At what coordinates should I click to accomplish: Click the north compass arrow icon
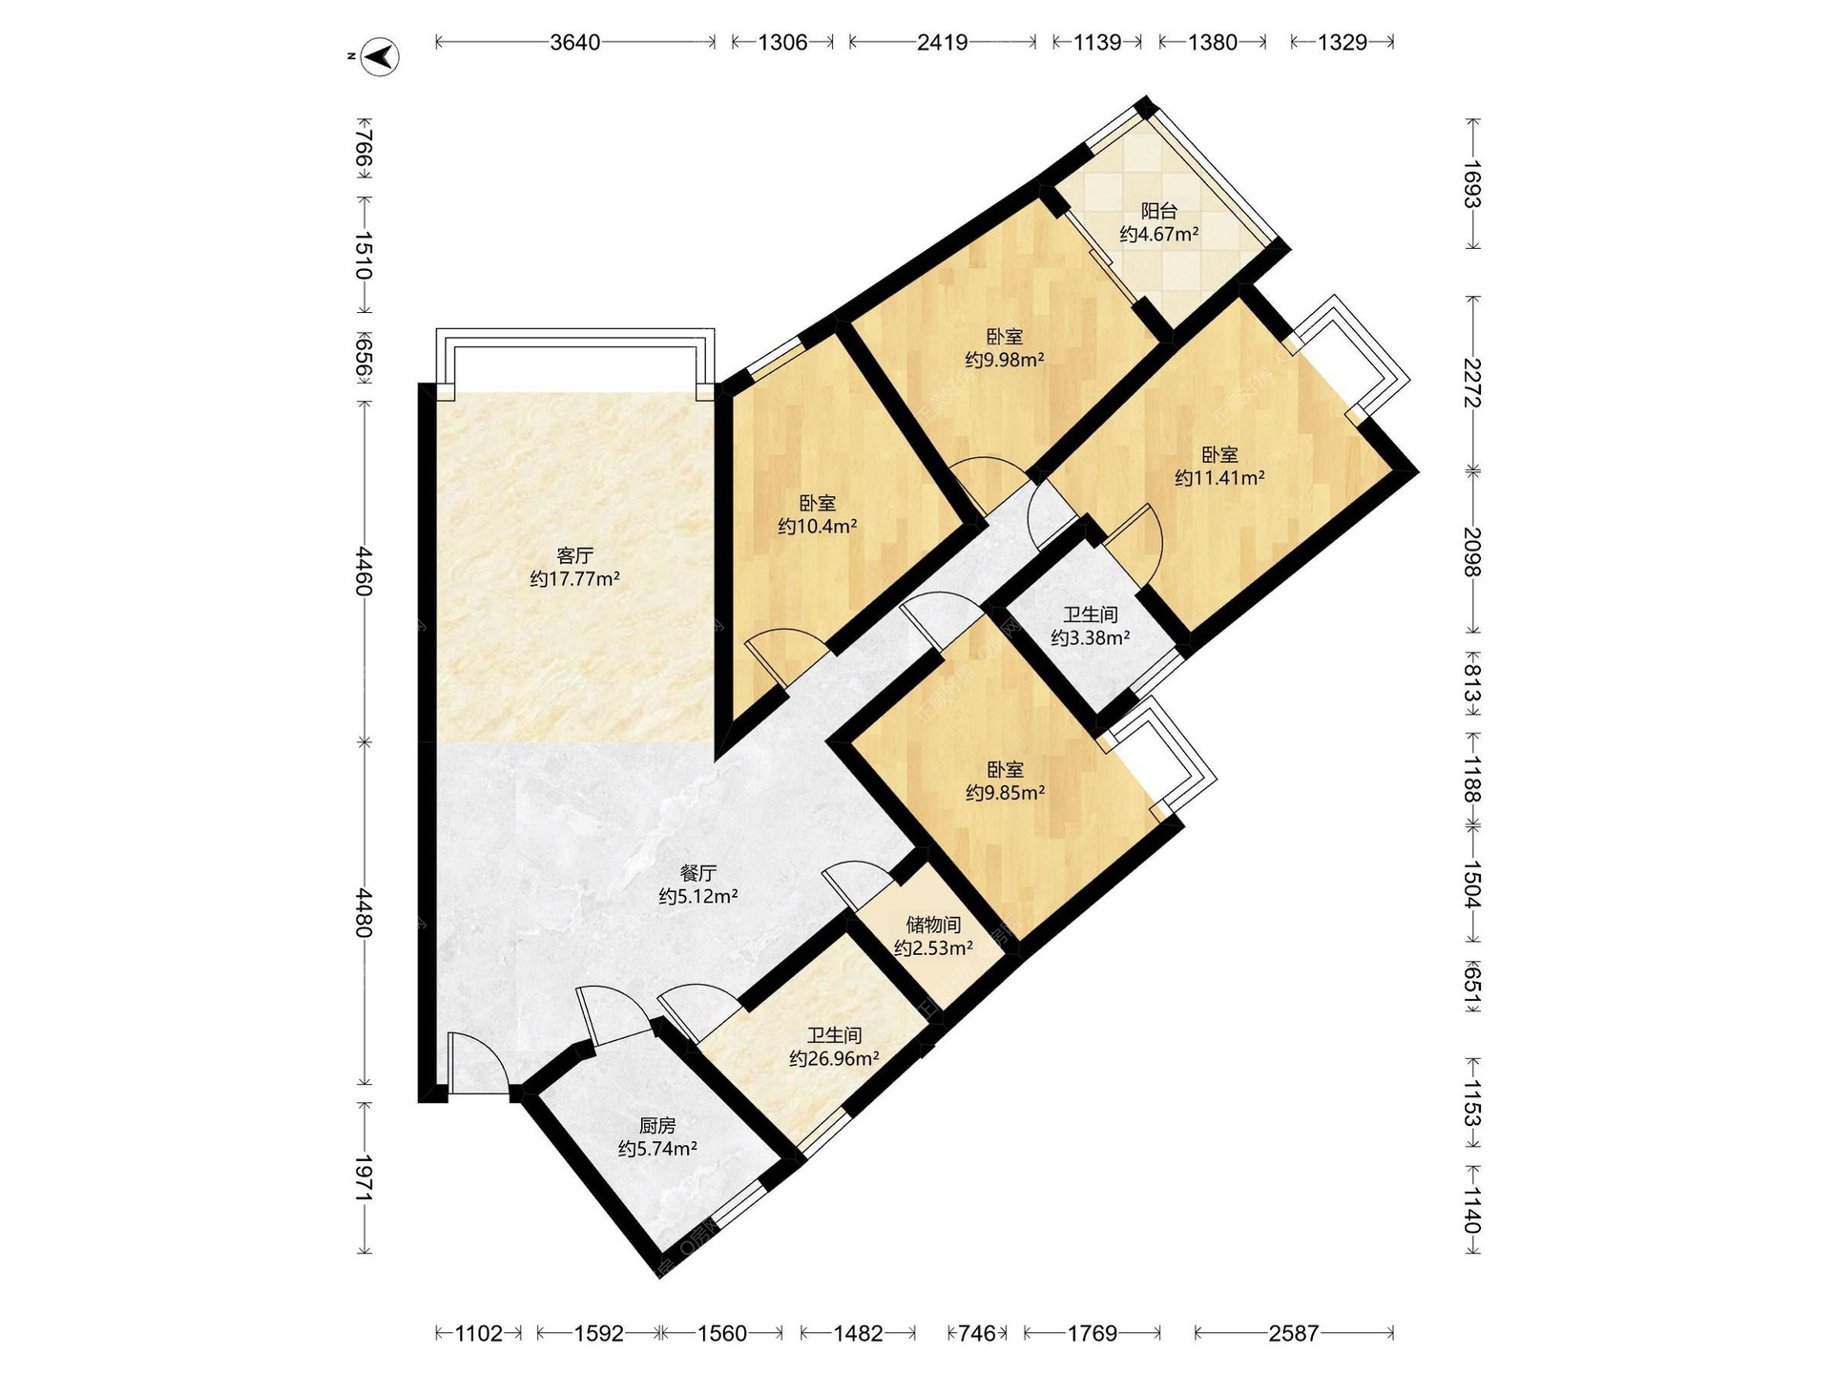coord(381,56)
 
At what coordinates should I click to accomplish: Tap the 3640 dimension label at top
coord(575,42)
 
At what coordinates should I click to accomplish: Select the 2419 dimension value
coord(943,42)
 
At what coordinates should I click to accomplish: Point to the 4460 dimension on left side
coord(364,571)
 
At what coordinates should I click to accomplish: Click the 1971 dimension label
coord(364,1178)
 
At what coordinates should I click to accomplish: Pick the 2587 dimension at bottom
coord(1294,1333)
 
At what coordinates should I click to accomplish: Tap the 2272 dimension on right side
coord(1472,383)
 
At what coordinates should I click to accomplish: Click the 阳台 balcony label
coord(1159,211)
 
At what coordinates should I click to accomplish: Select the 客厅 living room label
coord(575,555)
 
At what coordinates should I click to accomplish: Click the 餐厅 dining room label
coord(698,873)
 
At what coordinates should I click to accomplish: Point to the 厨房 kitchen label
coord(657,1126)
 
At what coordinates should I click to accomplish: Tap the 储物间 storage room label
coord(933,925)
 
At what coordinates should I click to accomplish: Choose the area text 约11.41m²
coord(1219,478)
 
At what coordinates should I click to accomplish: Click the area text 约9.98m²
coord(1005,360)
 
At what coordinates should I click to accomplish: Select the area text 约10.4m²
coord(817,526)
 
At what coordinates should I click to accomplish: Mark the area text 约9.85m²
coord(1005,792)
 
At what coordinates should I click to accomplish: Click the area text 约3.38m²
coord(1091,637)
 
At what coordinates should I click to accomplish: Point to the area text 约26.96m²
coord(834,1058)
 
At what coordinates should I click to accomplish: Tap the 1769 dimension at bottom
coord(1093,1333)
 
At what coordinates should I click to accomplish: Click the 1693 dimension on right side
coord(1472,184)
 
